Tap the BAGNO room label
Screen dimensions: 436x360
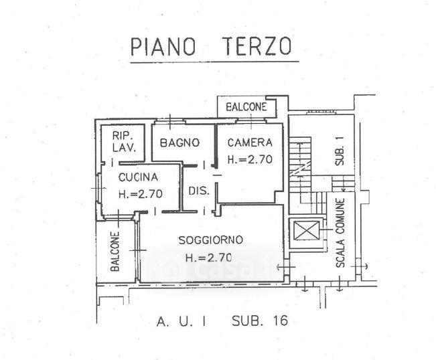[x=179, y=143]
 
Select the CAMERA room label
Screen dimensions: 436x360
[x=249, y=143]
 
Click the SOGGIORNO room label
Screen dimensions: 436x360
[x=210, y=240]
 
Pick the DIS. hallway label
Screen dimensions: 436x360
[x=198, y=190]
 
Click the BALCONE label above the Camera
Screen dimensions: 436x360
[x=246, y=107]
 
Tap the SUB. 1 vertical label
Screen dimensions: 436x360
[x=339, y=152]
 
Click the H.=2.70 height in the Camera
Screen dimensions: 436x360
[x=250, y=160]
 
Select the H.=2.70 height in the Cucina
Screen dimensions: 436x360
[x=140, y=195]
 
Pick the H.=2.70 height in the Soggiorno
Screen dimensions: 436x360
[x=209, y=258]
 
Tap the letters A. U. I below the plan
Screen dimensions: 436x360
[x=181, y=321]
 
